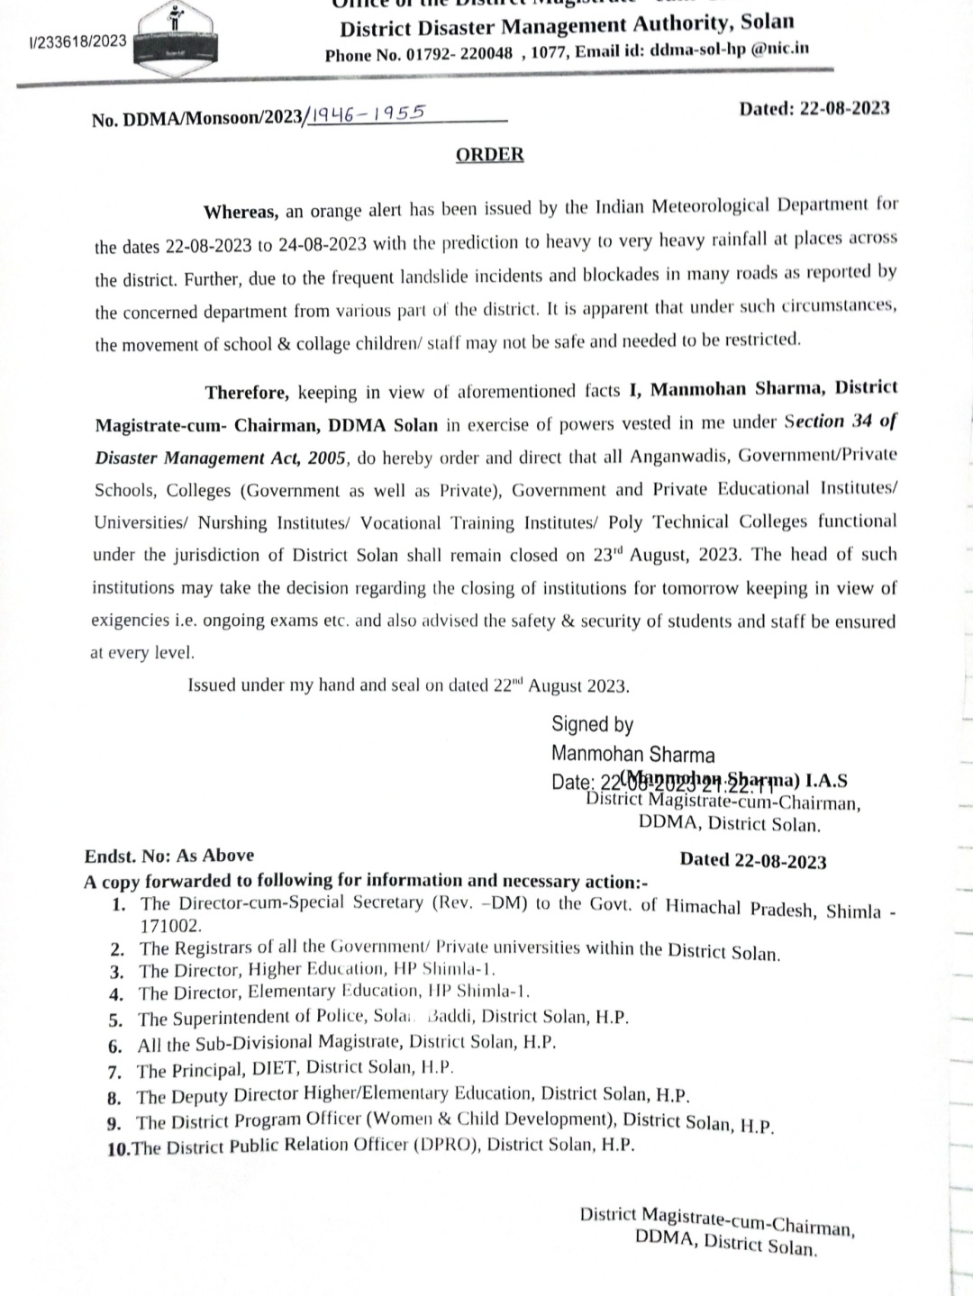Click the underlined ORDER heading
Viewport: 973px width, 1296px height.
(x=489, y=154)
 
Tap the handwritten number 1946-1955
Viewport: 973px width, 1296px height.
(x=368, y=113)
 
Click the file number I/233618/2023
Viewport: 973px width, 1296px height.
(x=77, y=41)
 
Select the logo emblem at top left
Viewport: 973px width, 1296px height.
(x=177, y=34)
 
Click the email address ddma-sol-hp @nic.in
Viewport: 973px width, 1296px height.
(x=729, y=50)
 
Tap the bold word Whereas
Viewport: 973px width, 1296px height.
(x=241, y=212)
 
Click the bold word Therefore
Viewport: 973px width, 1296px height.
(x=247, y=392)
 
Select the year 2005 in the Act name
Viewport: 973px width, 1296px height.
(x=325, y=458)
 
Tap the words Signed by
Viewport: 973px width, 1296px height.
(x=592, y=724)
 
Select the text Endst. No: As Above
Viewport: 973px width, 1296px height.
(x=169, y=856)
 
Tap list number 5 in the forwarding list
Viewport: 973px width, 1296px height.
(x=114, y=1020)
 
